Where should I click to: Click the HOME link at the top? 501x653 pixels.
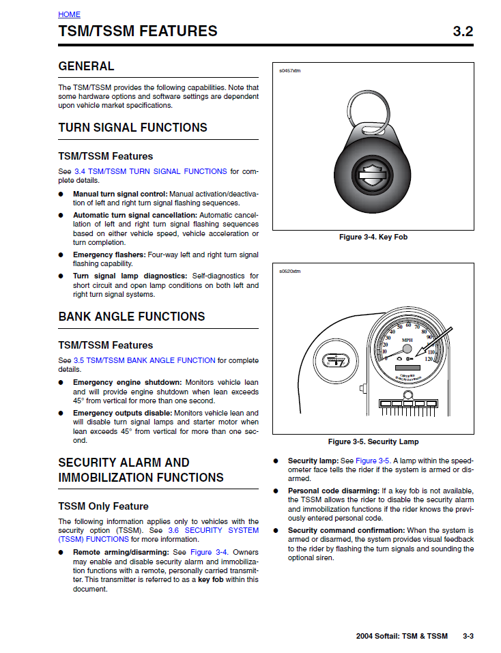69,14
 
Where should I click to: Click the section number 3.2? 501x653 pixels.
463,31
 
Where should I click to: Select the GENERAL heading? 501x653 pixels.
86,66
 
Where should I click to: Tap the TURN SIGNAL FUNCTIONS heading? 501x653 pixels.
132,128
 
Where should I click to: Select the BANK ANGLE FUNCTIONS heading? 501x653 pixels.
131,317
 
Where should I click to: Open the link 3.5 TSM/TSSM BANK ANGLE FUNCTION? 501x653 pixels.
145,360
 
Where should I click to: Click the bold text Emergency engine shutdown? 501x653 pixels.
128,383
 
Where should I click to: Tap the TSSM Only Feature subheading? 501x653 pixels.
103,506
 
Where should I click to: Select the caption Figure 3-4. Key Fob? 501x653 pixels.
373,237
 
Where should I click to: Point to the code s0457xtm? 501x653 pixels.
289,70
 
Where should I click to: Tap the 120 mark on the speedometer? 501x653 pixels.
429,358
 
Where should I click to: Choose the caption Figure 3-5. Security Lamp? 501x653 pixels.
373,441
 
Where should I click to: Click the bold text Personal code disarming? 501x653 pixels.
333,491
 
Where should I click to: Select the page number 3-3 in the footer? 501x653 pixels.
468,636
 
